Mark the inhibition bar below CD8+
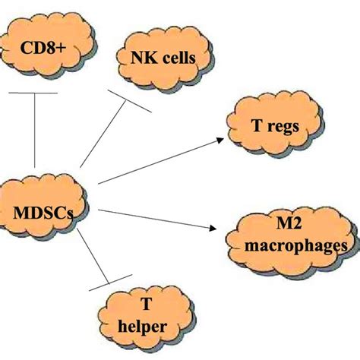(34, 93)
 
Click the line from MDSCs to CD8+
(35, 137)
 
